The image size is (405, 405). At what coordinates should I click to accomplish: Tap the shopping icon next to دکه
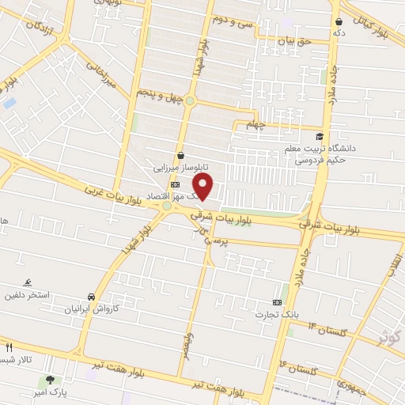click(339, 22)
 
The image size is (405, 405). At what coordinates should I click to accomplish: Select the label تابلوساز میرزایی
click(181, 168)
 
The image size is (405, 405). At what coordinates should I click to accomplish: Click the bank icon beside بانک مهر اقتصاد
click(175, 184)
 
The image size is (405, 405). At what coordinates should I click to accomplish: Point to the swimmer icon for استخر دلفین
click(28, 282)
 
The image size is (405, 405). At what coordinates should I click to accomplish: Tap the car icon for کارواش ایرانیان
click(92, 296)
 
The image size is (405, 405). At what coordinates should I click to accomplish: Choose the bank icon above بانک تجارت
click(277, 302)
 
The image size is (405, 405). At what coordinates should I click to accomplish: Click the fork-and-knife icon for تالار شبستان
click(9, 347)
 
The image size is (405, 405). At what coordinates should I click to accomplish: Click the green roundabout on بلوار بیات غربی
click(167, 207)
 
